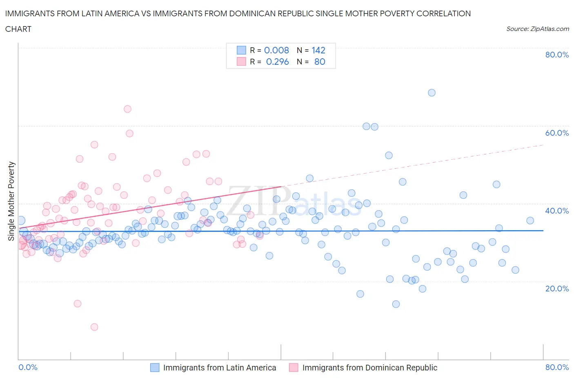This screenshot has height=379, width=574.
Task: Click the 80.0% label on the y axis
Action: [557, 55]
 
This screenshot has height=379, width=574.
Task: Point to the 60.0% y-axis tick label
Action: [557, 133]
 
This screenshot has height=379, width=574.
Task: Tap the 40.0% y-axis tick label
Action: [557, 211]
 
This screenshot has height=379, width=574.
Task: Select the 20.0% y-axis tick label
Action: [557, 289]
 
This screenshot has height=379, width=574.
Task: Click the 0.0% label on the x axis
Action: [28, 367]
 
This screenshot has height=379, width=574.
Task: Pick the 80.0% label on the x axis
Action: [557, 367]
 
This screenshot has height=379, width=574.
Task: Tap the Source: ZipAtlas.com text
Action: [537, 29]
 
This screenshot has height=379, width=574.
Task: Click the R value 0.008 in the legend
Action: [276, 50]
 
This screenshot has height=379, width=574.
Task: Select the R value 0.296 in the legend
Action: [277, 62]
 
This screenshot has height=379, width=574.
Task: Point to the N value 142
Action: [318, 50]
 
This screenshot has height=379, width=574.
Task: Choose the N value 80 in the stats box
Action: [320, 62]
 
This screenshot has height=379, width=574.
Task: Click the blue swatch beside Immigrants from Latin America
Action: [155, 368]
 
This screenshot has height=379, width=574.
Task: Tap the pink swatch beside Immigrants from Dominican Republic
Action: [294, 368]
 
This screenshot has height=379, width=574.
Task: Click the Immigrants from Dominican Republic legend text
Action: [369, 368]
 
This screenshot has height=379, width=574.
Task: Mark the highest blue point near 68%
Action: [432, 93]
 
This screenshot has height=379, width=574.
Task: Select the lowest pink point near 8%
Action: [94, 327]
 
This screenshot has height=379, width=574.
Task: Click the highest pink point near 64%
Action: [127, 109]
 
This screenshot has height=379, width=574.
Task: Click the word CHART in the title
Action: [18, 29]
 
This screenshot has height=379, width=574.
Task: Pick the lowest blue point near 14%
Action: [396, 304]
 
